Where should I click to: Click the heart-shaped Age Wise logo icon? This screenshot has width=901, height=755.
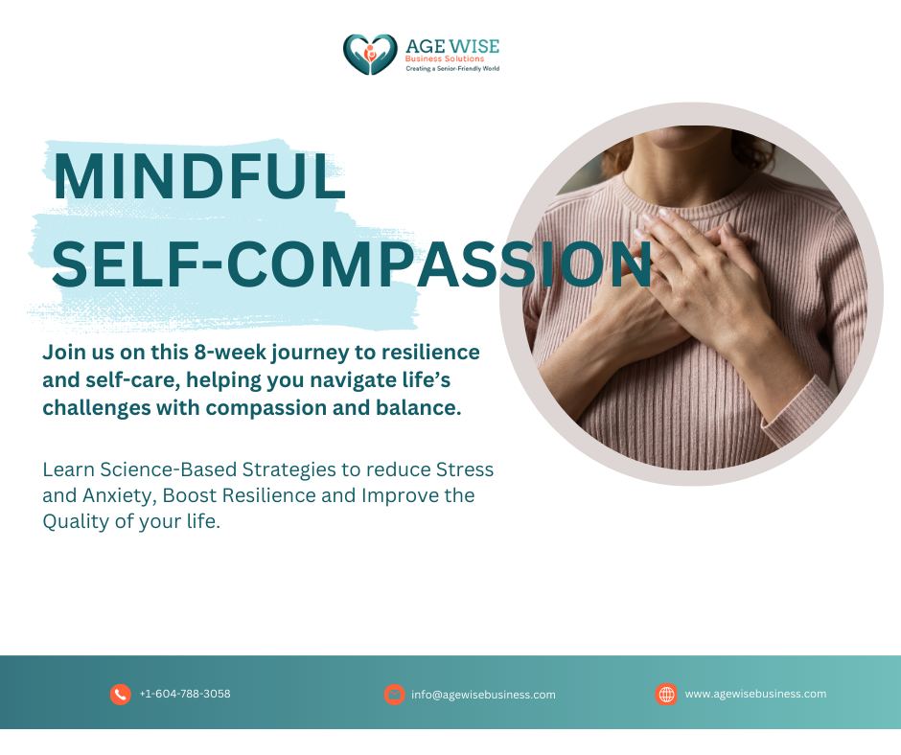point(370,55)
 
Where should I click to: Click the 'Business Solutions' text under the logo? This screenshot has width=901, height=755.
point(445,58)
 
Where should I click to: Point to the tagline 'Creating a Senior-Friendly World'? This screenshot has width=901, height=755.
point(452,68)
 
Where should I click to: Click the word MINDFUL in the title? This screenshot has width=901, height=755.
point(198,176)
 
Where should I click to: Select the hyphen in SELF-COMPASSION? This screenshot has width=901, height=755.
point(212,264)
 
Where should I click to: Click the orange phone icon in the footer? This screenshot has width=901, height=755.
point(121,694)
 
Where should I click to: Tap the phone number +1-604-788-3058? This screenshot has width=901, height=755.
point(185,694)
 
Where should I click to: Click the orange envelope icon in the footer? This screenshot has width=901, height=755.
point(394,694)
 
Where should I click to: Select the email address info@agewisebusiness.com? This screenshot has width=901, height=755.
point(483,695)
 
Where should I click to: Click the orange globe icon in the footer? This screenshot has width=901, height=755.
point(666,694)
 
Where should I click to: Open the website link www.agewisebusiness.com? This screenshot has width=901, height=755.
point(755,694)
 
